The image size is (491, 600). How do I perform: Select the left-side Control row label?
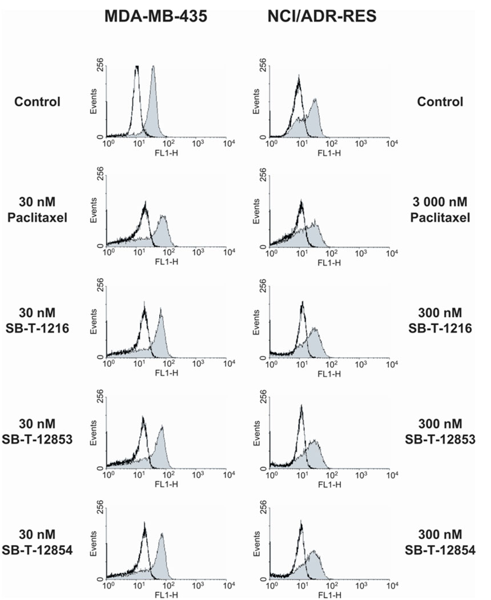38,102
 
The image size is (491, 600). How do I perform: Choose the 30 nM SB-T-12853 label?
38,433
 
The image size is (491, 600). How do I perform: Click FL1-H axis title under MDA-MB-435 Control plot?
167,153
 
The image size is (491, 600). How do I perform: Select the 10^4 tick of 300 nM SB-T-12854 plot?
391,585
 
